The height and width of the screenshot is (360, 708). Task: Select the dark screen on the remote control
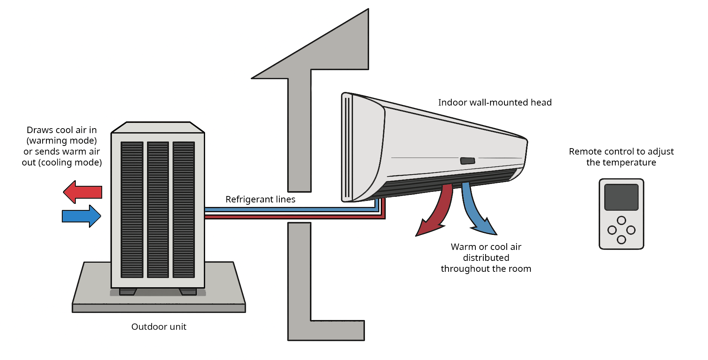point(621,197)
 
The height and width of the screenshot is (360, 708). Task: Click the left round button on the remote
point(612,230)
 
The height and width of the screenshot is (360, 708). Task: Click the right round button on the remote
point(631,230)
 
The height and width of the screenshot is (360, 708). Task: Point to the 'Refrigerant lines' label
point(260,199)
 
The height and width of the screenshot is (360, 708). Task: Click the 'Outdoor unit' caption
point(159,327)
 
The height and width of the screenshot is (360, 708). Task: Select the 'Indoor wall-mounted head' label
point(495,103)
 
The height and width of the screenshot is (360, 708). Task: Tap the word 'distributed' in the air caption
point(486,258)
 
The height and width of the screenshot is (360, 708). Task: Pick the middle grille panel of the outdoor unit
point(158,210)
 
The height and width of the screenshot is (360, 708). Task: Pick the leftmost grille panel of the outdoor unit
point(132,210)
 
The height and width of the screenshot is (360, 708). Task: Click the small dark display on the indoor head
point(467,161)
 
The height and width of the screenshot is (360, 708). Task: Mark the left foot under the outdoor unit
point(128,291)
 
